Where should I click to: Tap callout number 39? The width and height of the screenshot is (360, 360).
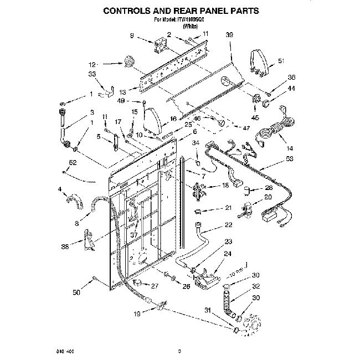(x=229, y=35)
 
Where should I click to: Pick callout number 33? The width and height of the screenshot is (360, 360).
(x=92, y=74)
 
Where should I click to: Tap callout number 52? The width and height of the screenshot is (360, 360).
(x=73, y=162)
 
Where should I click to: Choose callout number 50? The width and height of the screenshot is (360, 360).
(x=76, y=291)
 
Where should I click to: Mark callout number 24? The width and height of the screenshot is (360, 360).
(x=228, y=254)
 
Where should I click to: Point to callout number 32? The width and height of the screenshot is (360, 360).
(x=256, y=286)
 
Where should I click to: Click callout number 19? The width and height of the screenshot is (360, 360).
(x=137, y=314)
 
